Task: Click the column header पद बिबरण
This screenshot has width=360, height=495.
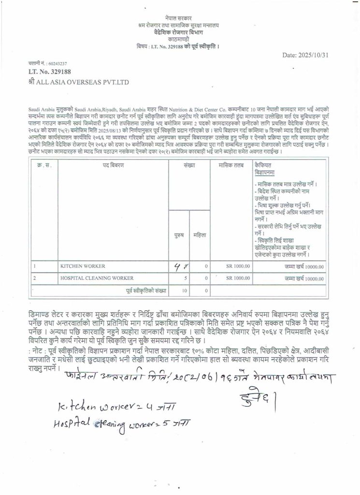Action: point(113,165)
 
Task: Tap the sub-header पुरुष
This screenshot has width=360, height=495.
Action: point(179,235)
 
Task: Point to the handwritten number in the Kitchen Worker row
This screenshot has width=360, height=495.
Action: point(182,265)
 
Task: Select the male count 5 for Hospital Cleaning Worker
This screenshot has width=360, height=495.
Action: point(185,278)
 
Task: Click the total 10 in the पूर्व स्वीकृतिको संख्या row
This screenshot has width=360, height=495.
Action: point(184,291)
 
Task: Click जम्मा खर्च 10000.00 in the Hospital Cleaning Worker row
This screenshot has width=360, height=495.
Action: point(304,278)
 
